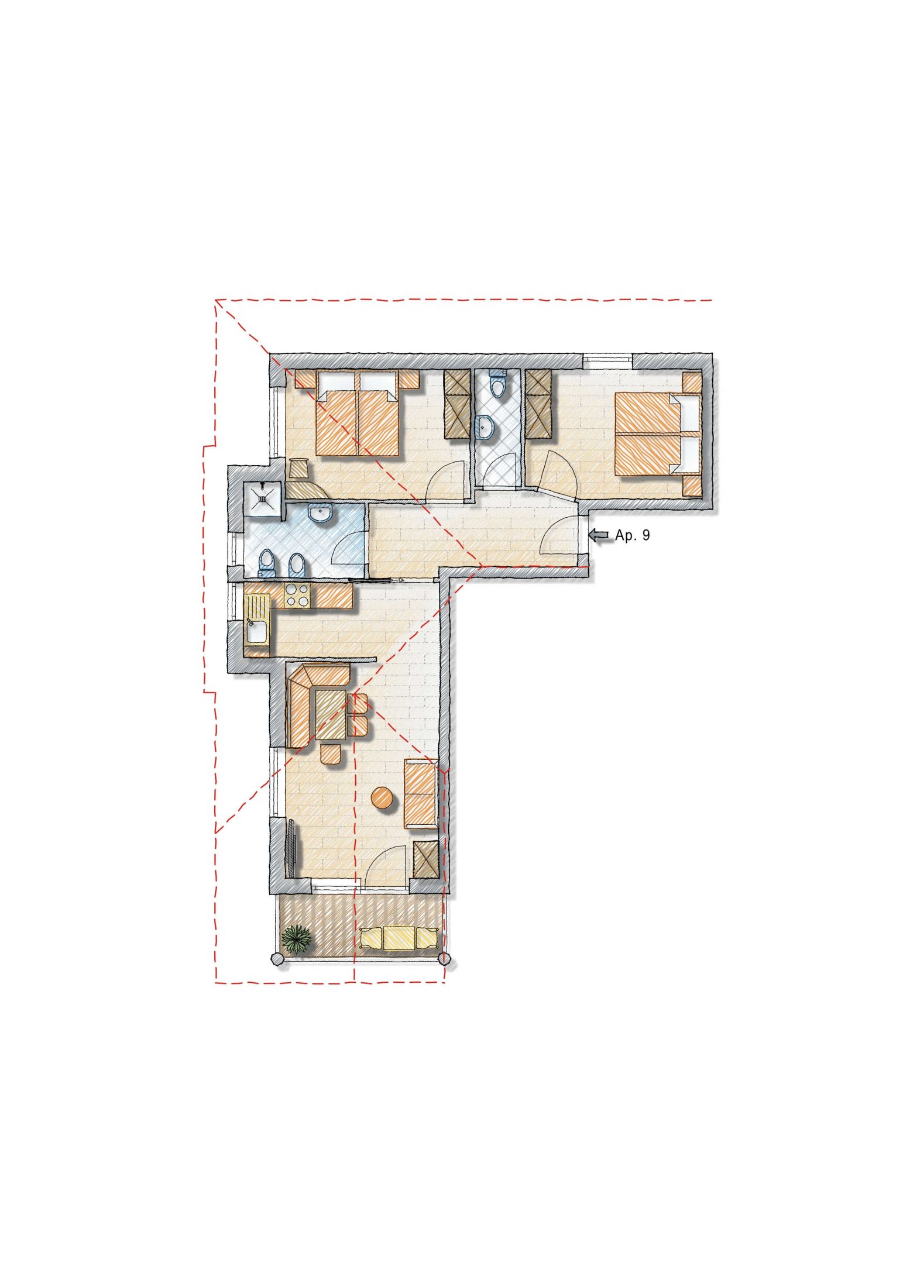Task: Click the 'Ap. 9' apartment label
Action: click(x=632, y=535)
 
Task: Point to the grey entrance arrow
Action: click(x=598, y=535)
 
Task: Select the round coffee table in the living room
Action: click(x=383, y=797)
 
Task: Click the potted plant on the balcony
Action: click(x=297, y=939)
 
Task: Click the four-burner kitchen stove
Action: click(x=297, y=596)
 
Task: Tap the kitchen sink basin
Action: click(x=256, y=632)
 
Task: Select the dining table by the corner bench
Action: click(x=331, y=715)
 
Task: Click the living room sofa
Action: click(x=421, y=793)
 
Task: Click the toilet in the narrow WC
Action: click(x=497, y=384)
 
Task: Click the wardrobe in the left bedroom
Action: click(x=458, y=405)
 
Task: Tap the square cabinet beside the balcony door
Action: click(x=425, y=859)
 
